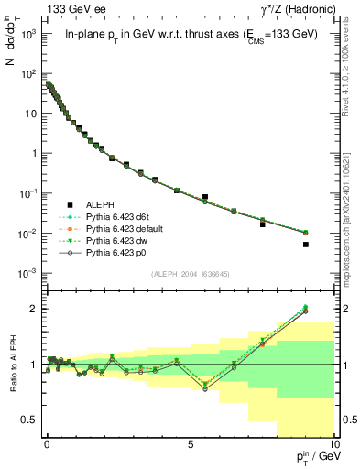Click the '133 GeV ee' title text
coord(71,8)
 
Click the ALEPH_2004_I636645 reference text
coord(189,274)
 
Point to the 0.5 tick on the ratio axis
coord(29,420)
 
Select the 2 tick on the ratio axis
coord(33,309)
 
